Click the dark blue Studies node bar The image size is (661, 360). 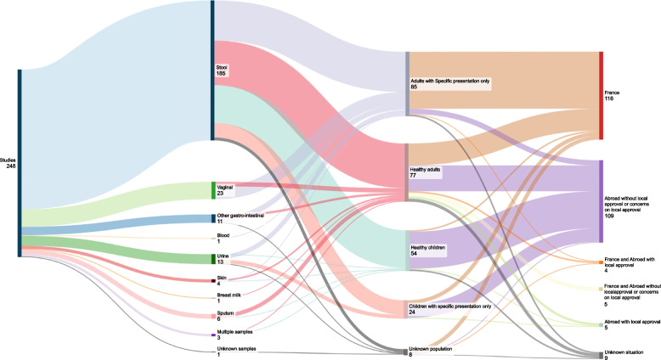(x=19, y=162)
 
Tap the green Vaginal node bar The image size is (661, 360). (x=212, y=189)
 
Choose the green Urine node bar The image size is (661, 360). (x=212, y=258)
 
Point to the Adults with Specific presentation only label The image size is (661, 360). (x=451, y=83)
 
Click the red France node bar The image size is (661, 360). (x=602, y=94)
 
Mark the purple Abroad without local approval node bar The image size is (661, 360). (x=602, y=201)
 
